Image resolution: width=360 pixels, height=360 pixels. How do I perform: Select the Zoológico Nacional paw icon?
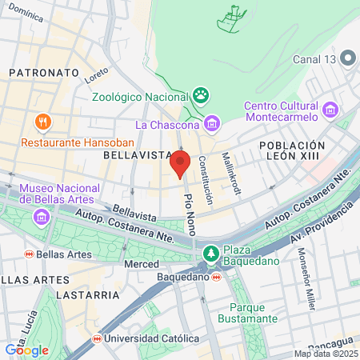(x=200, y=97)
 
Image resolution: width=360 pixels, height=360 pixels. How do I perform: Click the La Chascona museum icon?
(x=211, y=123)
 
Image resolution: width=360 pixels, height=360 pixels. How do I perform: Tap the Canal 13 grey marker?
(x=348, y=58)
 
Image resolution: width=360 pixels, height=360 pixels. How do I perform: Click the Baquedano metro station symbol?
(x=217, y=277)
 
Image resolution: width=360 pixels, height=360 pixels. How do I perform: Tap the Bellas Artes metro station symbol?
(x=29, y=254)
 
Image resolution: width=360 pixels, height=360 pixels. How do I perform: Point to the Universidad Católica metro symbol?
(x=97, y=338)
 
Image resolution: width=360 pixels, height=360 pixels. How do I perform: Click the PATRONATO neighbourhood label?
(x=44, y=72)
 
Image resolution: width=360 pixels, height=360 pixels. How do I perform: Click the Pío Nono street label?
(x=190, y=213)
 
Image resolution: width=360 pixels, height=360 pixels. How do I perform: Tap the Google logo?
(x=26, y=350)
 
